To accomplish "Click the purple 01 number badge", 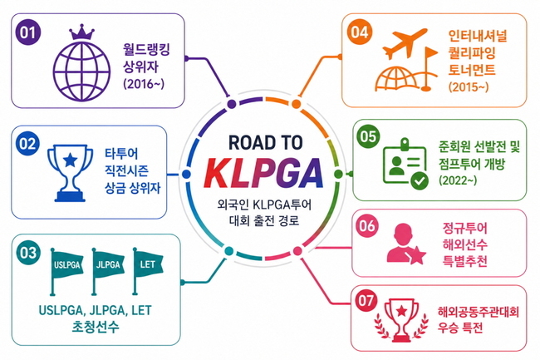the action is (28, 32).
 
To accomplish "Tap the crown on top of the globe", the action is (81, 32).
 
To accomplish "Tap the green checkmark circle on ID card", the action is (420, 180).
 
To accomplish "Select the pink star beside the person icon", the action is (417, 255).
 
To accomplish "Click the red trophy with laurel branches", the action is (401, 320).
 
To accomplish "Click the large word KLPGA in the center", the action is (265, 173).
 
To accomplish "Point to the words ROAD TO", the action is (266, 142).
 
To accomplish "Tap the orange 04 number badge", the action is (360, 32).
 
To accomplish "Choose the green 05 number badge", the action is (368, 136).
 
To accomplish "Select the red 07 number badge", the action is (366, 300).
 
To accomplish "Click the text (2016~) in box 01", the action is (144, 84).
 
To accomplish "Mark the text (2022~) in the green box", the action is (458, 180).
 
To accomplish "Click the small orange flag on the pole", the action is (432, 53).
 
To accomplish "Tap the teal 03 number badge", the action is (28, 253).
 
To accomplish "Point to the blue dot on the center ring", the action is (186, 174).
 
